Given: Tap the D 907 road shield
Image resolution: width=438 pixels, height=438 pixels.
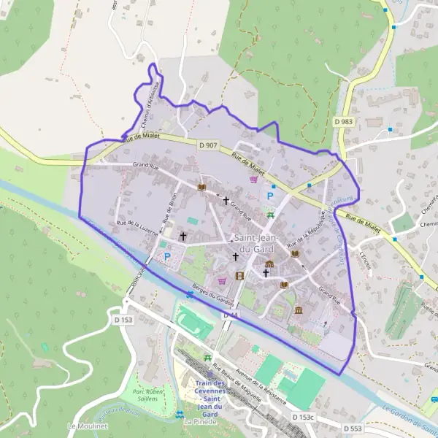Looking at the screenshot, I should pyautogui.click(x=207, y=145).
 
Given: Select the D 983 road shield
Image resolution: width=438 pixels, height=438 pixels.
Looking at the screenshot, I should pyautogui.click(x=343, y=121).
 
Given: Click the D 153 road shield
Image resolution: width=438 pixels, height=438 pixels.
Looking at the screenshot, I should pyautogui.click(x=123, y=319).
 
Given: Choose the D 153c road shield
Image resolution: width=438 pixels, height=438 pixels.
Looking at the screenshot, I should pyautogui.click(x=303, y=417).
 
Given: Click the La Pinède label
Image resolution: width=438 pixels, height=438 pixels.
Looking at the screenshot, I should pyautogui.click(x=197, y=422).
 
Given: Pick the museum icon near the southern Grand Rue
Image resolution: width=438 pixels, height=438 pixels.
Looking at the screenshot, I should pyautogui.click(x=299, y=310).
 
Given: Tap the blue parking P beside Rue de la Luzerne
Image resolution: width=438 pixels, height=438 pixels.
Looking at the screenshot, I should pyautogui.click(x=167, y=256).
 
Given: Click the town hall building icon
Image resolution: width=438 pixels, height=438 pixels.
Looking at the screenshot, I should pyautogui.click(x=269, y=264).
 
